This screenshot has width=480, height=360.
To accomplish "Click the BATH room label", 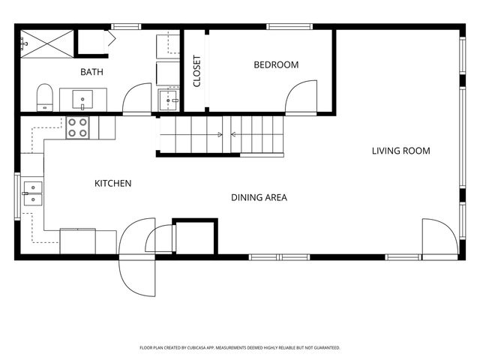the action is [x=91, y=72].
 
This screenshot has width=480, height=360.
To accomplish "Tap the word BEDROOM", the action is [x=276, y=65].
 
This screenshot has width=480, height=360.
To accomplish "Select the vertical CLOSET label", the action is [x=196, y=71].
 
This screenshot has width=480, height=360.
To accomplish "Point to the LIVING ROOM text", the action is [x=400, y=151].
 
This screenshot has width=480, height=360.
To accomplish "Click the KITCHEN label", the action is [x=113, y=183].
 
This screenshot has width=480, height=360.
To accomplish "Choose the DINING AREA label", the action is [x=259, y=197].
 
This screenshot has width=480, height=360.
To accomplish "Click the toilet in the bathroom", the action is [x=45, y=97].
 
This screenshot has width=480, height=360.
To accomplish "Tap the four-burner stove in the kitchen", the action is [x=78, y=127].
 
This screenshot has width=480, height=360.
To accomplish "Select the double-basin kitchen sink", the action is [x=33, y=193].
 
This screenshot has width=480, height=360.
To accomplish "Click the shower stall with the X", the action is [x=47, y=43].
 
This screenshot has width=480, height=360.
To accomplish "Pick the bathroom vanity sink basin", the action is [x=82, y=99].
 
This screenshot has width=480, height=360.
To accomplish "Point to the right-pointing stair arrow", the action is [x=191, y=134].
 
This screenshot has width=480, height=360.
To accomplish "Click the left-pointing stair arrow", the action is [x=256, y=134].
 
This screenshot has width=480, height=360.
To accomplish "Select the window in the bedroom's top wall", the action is [x=289, y=27].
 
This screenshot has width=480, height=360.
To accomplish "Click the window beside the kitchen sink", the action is [x=17, y=196].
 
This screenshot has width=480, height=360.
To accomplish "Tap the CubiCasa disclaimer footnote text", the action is [x=240, y=348].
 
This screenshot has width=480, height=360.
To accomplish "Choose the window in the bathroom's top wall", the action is [x=126, y=27].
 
